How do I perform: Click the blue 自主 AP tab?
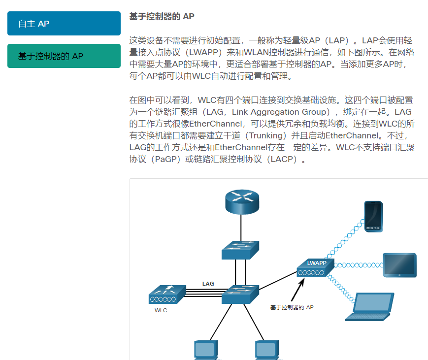pos(64,24)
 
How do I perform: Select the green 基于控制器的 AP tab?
pos(64,56)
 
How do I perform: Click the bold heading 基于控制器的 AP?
pos(162,17)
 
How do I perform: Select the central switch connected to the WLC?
pos(240,294)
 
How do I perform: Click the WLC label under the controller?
pos(161,310)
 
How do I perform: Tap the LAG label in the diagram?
pos(208,284)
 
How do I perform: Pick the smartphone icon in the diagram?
pos(373,216)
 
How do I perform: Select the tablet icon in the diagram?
pos(399,265)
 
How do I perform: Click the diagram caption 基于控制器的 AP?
pos(292,307)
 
